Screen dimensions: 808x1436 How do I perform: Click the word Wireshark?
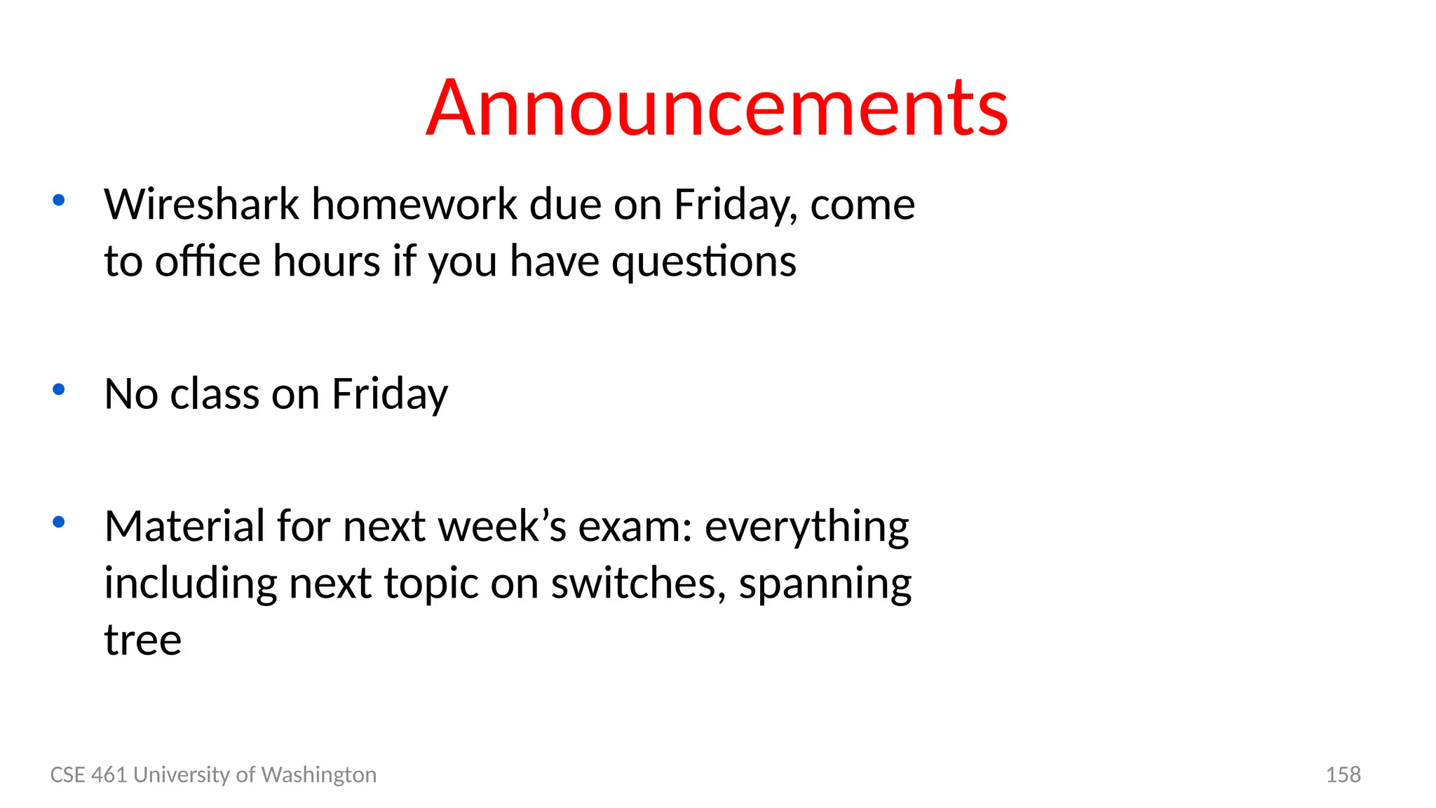(x=202, y=205)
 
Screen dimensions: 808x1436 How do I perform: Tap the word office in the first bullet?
(x=208, y=261)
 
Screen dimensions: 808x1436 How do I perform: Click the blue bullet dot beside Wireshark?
(x=59, y=201)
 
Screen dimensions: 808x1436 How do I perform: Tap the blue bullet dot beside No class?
(x=59, y=389)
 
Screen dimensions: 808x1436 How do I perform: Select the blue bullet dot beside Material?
(x=59, y=522)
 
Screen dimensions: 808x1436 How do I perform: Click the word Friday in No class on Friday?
(x=389, y=395)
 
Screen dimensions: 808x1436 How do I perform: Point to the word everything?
(x=806, y=527)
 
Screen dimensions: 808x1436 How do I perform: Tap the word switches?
(x=638, y=583)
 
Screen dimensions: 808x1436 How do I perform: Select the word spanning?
(x=825, y=584)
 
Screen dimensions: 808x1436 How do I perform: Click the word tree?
(x=143, y=640)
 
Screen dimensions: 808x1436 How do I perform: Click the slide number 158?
(x=1343, y=774)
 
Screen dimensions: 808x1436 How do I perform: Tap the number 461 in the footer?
(x=109, y=774)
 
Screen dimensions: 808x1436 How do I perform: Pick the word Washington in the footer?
(x=319, y=775)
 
